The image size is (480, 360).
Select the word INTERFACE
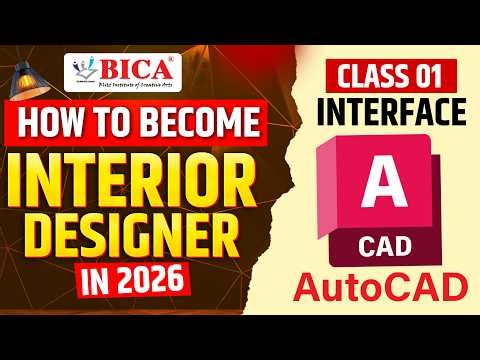tap(389, 113)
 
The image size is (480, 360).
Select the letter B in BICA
tap(110, 71)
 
